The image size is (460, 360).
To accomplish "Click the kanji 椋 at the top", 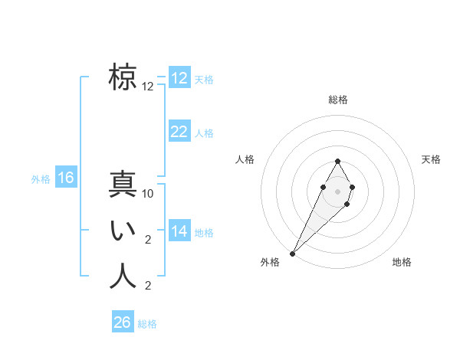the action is click(123, 78).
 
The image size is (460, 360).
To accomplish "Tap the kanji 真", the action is click(123, 185).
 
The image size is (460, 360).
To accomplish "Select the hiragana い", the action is click(123, 231).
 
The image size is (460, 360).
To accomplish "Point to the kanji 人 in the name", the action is click(123, 277).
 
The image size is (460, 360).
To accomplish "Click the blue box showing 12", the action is click(179, 78).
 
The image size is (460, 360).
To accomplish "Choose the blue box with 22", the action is click(179, 132).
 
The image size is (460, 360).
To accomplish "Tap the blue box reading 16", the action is click(66, 178).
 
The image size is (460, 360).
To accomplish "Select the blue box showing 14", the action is click(179, 231).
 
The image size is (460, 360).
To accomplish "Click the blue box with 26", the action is click(123, 322).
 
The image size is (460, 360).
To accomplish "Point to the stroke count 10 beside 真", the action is click(149, 194).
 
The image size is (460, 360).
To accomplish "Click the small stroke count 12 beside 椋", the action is click(148, 87).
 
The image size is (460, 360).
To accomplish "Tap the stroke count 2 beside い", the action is click(148, 240).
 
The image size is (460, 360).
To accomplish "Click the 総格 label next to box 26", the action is click(147, 324).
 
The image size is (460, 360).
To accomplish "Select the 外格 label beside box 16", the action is click(41, 179).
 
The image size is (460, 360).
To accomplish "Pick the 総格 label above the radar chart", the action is click(337, 100).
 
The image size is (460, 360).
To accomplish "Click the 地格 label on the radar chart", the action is click(402, 263).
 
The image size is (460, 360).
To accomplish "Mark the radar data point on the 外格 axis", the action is click(293, 253).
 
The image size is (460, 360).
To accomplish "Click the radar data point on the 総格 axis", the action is click(337, 161).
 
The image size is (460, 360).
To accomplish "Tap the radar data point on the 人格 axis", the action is click(323, 187).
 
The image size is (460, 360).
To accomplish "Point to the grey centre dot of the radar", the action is click(337, 191).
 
